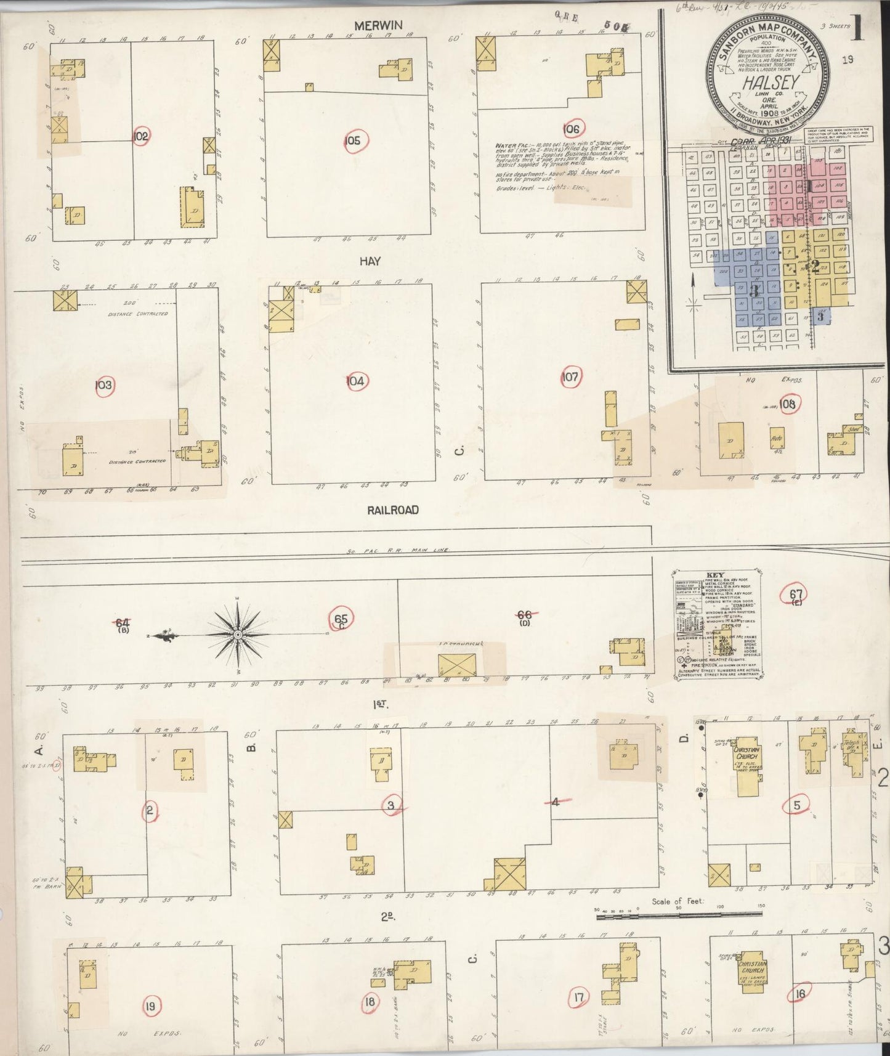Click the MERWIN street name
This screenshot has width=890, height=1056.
378,25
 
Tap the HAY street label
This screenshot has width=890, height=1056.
370,261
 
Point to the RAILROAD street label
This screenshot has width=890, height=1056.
393,510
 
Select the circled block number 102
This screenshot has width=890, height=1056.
141,136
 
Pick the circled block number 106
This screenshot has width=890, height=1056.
571,129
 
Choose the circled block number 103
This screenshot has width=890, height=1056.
103,386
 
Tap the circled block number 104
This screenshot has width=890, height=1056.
355,381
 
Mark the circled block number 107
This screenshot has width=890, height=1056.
570,376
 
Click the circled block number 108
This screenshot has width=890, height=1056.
787,404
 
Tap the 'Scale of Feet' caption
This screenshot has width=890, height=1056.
678,902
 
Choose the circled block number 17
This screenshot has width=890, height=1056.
577,996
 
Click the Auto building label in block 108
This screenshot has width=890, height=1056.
776,440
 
